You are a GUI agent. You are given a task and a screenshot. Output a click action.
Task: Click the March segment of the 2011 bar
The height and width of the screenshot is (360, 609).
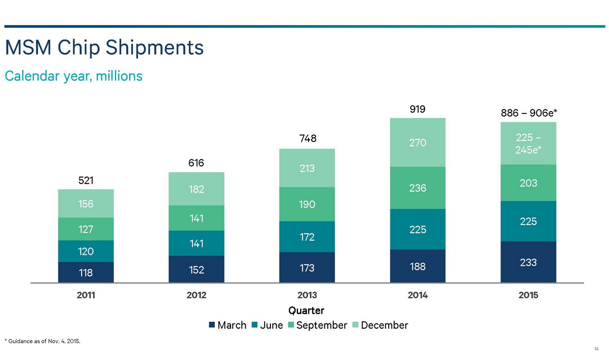point(86,272)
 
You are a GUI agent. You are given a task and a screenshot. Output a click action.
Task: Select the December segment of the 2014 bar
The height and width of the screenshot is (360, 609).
point(417,143)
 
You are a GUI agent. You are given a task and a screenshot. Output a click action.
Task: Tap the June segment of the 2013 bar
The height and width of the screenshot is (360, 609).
point(307,237)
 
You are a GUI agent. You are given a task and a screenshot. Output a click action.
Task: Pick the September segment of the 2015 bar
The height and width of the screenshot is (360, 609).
point(528,183)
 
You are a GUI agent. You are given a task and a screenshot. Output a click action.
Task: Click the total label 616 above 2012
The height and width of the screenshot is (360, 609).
point(196,163)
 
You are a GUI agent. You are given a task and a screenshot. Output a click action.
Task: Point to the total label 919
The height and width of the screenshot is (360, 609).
point(417,109)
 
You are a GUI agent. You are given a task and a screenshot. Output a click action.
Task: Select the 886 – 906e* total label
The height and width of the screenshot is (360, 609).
point(529,113)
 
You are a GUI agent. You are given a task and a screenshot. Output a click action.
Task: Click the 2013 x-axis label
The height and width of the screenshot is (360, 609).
point(307,295)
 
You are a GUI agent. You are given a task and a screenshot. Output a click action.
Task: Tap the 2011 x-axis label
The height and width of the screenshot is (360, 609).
point(86,295)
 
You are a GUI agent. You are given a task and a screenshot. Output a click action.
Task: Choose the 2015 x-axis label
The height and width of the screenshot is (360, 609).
point(528,295)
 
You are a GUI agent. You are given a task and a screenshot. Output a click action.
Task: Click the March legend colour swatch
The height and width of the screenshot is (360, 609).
point(212,325)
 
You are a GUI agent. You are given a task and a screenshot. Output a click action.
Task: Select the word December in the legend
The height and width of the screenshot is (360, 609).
point(384,325)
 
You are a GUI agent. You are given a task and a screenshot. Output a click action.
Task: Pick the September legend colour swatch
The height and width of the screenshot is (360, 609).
point(291,325)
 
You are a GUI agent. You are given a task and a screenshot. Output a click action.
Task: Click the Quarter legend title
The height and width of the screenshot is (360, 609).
point(306,310)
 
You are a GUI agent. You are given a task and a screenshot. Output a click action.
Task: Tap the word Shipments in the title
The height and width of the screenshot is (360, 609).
point(155,48)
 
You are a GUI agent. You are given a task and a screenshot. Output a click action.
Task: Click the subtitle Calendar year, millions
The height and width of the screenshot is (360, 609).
point(73,76)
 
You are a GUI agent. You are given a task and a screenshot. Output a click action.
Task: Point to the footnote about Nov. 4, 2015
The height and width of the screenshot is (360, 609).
point(43,341)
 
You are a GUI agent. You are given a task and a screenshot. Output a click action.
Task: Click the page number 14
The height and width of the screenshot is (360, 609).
point(596,349)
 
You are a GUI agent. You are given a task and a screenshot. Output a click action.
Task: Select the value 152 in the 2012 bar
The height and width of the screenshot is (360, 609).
point(197,270)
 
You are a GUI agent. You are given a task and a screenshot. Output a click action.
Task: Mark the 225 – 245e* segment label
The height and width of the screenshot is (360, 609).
point(528,143)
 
